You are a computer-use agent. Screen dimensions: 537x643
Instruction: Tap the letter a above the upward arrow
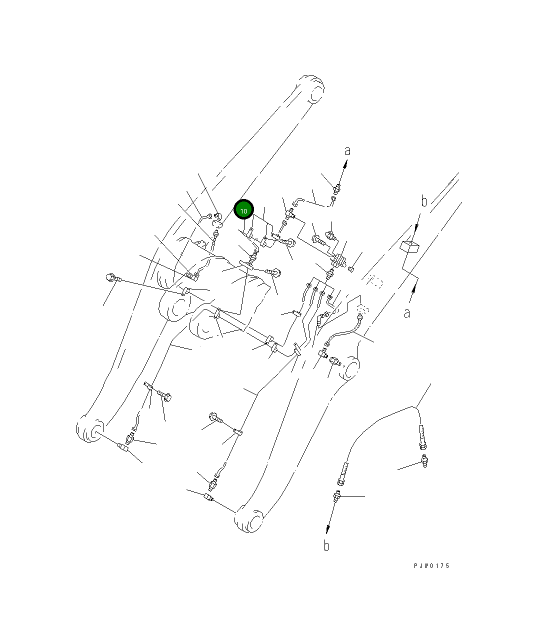347,151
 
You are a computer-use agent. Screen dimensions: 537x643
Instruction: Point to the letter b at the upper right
424,201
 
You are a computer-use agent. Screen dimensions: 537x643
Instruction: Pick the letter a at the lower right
407,313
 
